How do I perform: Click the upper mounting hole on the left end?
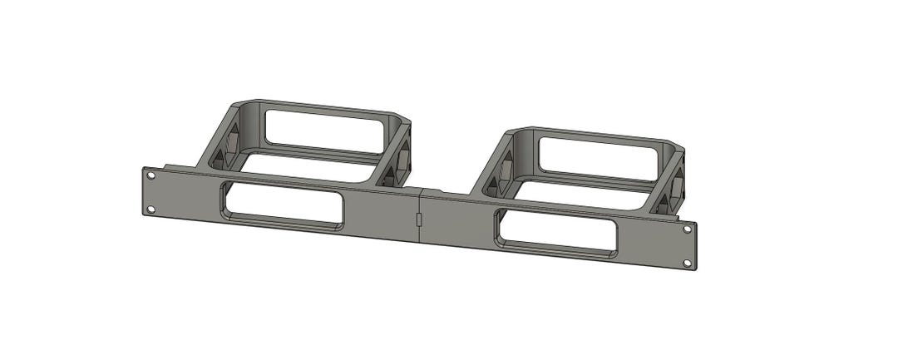(150, 176)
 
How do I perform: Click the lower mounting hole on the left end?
(150, 209)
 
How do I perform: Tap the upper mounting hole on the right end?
(687, 229)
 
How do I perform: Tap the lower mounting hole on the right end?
(688, 263)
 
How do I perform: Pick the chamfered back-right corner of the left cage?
(404, 124)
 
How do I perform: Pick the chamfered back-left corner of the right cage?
(512, 134)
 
